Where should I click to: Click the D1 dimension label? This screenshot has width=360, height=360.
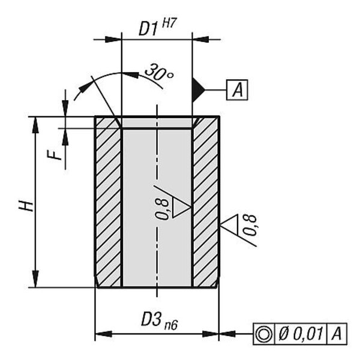(149, 29)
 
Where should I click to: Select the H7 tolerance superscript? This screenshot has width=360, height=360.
(169, 23)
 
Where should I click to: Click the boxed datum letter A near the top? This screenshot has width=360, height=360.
(237, 89)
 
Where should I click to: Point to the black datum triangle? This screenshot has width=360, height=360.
(197, 89)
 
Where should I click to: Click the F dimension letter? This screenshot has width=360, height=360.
(55, 155)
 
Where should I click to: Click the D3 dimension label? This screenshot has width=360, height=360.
(151, 319)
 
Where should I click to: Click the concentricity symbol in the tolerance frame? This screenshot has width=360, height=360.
(264, 334)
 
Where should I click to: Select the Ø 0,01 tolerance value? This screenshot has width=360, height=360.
(301, 334)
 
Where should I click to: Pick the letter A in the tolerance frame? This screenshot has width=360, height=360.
(337, 334)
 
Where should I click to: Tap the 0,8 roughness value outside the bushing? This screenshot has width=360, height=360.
(250, 225)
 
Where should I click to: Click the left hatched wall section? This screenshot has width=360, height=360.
(108, 202)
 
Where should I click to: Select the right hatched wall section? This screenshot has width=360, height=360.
(206, 202)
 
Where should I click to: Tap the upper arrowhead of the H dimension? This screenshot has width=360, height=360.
(35, 125)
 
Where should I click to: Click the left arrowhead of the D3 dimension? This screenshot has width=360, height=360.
(104, 334)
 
